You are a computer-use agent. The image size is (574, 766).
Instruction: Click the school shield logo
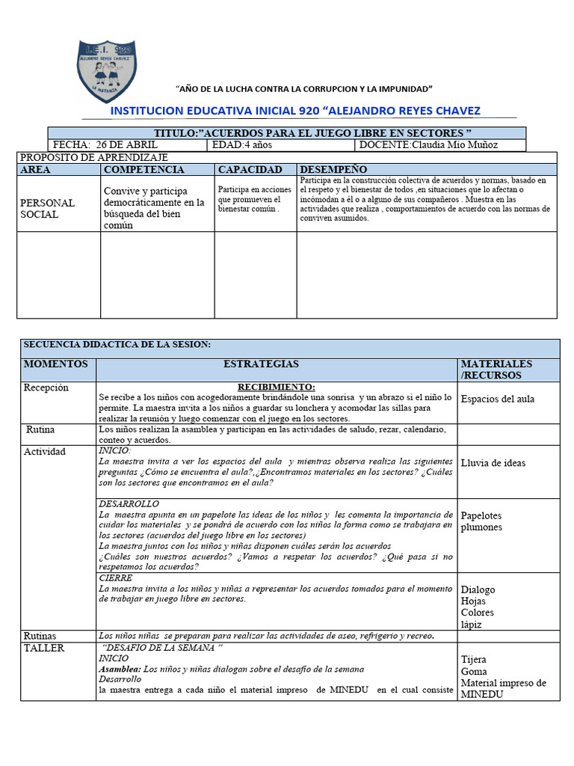(x=108, y=69)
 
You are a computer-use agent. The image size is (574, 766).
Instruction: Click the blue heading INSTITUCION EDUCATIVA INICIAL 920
(x=295, y=111)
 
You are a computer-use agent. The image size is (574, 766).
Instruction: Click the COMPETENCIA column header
(x=143, y=170)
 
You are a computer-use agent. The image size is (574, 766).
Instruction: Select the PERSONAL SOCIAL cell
(x=47, y=209)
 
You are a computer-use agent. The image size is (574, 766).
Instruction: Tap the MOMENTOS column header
(x=56, y=364)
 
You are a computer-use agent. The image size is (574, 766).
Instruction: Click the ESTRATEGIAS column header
(x=261, y=364)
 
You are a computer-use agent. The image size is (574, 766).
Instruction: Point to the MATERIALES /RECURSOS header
(x=496, y=370)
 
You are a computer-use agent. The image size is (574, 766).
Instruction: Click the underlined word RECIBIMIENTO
(x=277, y=387)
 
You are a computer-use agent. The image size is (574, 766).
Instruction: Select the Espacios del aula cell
(x=498, y=399)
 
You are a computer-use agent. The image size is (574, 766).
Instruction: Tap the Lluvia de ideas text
(x=493, y=463)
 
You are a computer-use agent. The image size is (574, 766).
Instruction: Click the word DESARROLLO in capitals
(x=128, y=505)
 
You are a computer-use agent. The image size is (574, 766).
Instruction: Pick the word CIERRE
(x=116, y=578)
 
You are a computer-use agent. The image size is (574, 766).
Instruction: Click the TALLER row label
(x=44, y=648)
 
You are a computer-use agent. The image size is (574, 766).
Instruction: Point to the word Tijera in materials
(x=473, y=660)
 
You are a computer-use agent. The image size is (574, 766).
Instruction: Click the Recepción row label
(x=46, y=387)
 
